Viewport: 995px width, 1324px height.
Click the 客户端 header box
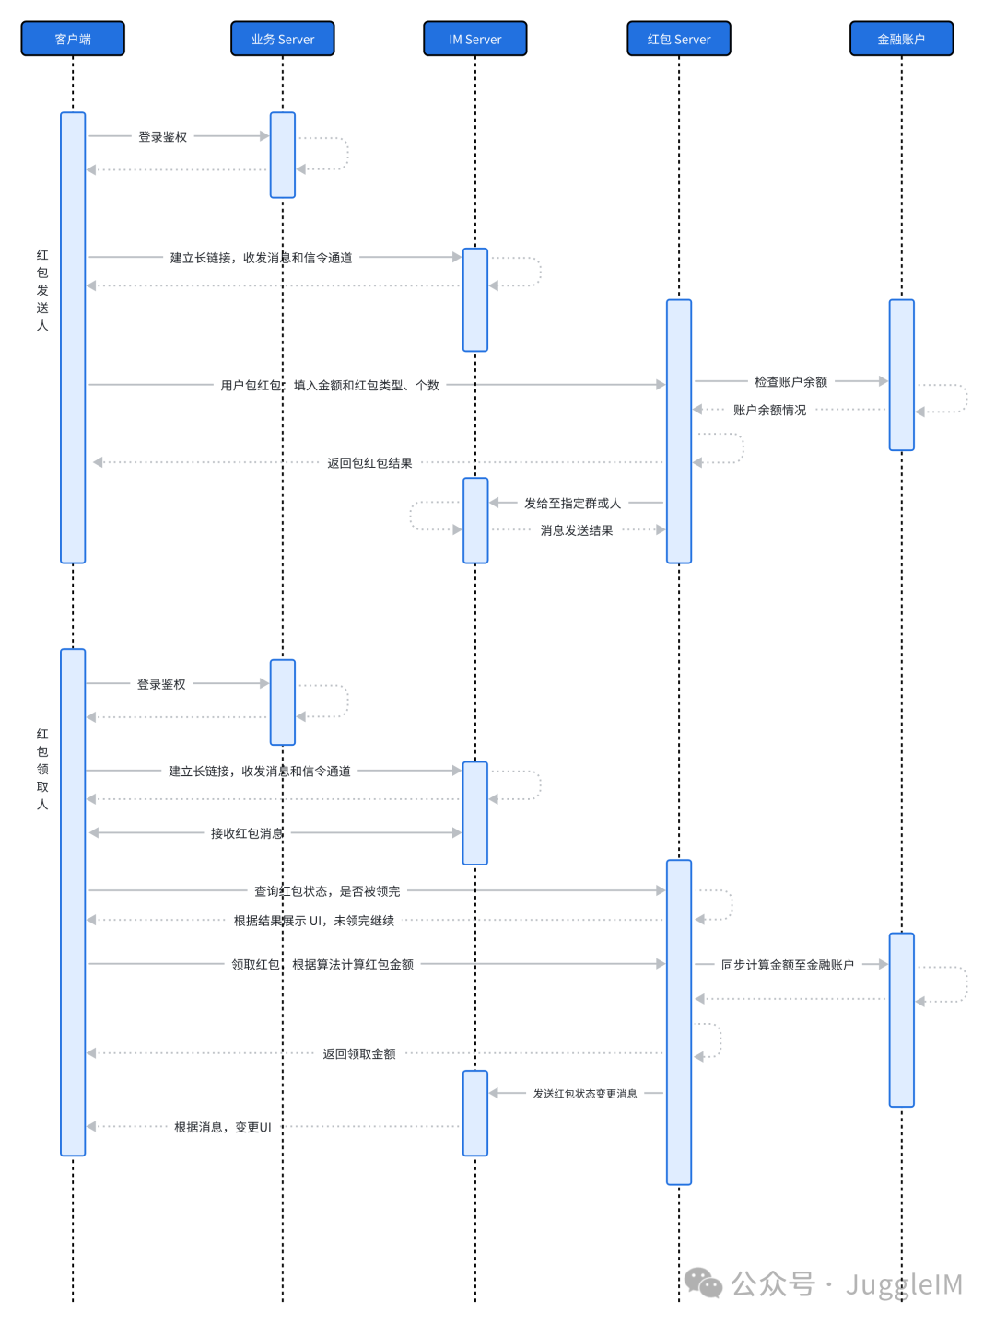click(x=73, y=39)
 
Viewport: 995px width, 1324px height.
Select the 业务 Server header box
click(x=283, y=39)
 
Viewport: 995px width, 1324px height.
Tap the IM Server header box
click(x=474, y=39)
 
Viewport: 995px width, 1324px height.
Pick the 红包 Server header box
click(x=679, y=39)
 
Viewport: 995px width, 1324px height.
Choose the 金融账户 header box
click(x=901, y=39)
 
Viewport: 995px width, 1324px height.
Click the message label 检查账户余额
click(x=790, y=381)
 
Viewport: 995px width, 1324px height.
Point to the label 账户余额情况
click(x=769, y=410)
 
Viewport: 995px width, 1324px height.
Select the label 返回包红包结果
click(x=369, y=462)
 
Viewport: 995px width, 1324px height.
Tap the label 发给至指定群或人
click(x=572, y=503)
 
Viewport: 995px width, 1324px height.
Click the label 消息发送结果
click(x=576, y=530)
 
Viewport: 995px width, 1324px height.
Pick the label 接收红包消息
click(x=247, y=833)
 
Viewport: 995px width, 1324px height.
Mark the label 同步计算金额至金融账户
click(x=788, y=965)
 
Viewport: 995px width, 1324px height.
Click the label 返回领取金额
click(x=359, y=1053)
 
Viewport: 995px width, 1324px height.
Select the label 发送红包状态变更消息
click(x=585, y=1093)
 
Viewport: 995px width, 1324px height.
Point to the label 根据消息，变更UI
click(x=223, y=1127)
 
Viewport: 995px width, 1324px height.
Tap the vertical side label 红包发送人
click(x=42, y=289)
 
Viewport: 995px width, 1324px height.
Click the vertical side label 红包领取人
click(x=42, y=769)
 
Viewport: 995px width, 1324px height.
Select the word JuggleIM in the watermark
click(x=904, y=1284)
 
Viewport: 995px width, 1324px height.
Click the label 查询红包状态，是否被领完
click(x=327, y=891)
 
